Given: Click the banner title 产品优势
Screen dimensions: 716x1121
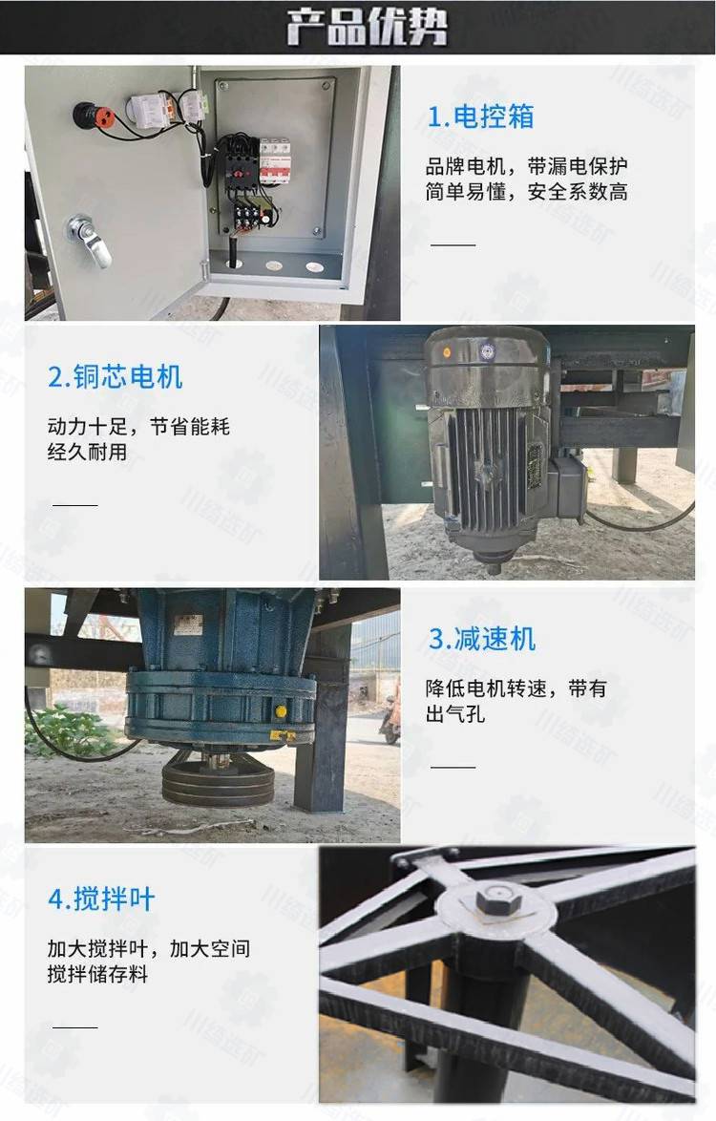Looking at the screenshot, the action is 368,27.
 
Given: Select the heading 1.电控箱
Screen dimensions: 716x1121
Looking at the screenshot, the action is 480,116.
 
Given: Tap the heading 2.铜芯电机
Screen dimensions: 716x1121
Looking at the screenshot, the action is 116,377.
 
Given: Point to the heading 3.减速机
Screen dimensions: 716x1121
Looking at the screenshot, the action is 481,639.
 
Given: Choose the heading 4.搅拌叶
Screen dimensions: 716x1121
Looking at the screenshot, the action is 101,899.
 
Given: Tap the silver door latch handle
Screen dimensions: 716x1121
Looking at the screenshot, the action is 90,240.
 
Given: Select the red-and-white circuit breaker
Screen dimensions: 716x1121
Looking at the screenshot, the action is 274,160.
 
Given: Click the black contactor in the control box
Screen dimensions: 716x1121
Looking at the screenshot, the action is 242,163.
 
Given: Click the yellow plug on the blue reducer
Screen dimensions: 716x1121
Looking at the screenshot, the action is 281,711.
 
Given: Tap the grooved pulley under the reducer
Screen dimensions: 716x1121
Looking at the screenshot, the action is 218,779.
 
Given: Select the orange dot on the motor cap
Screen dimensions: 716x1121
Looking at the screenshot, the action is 448,352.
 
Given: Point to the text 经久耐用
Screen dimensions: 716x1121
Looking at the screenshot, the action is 87,452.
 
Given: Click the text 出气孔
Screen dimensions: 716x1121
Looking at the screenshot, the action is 455,713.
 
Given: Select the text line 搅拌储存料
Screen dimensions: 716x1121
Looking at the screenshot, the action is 98,974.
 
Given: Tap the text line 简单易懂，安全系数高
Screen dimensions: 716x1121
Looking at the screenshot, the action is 527,192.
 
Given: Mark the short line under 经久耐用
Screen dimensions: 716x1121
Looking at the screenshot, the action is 75,505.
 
